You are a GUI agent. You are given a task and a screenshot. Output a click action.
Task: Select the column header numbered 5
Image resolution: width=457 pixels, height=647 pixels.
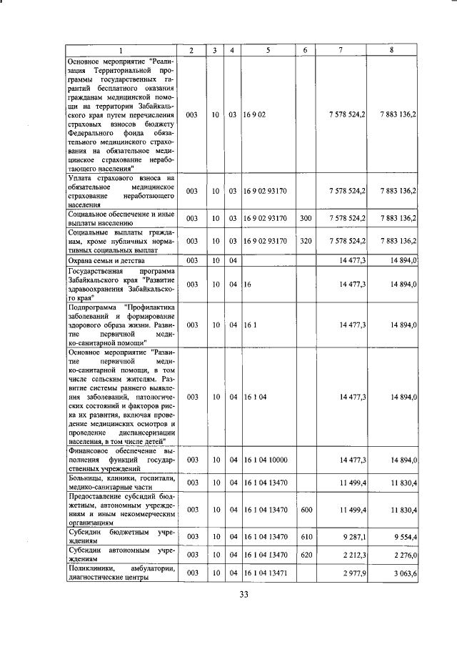click(268, 50)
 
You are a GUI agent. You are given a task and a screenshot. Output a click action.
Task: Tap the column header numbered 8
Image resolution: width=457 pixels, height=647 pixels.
click(391, 50)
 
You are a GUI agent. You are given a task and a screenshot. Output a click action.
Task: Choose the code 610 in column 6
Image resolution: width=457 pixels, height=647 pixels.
click(306, 536)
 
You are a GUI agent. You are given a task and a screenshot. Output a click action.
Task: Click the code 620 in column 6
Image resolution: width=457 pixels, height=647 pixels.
click(306, 555)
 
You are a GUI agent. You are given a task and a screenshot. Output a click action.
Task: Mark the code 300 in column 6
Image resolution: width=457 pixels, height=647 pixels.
click(306, 218)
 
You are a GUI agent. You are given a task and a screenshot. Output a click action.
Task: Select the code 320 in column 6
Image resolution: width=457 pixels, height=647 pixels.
click(306, 241)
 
